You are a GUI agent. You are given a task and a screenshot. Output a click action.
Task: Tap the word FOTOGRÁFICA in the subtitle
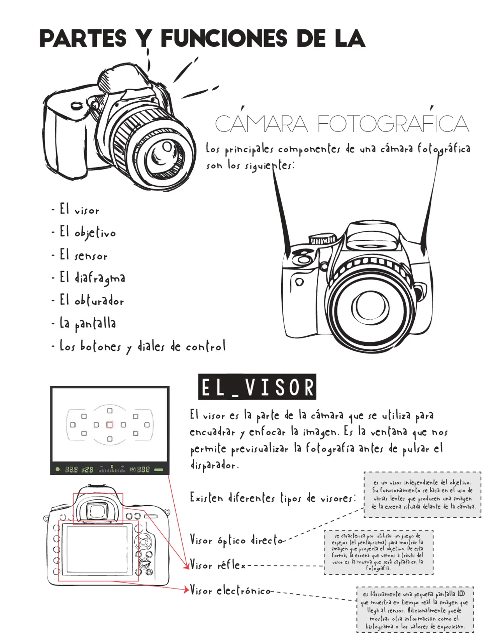pos(393,124)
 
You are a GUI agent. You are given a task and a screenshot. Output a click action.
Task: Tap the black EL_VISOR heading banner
pos(257,387)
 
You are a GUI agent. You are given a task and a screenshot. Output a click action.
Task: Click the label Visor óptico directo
pos(236,540)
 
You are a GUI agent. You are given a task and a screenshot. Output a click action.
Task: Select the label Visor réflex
pos(217,565)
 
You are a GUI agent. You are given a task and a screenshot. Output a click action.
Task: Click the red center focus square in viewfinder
pos(110,425)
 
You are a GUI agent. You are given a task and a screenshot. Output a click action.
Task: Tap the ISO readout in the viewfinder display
pos(140,469)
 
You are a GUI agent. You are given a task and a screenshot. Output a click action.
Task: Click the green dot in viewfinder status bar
pos(58,469)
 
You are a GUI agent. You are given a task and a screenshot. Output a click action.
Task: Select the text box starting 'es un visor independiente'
pos(422,495)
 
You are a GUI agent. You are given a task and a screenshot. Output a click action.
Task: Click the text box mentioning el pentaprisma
pos(378,552)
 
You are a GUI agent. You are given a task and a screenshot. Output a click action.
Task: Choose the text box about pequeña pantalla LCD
pos(415,609)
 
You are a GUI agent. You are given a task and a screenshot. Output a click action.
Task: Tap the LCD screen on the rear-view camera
pos(97,551)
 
